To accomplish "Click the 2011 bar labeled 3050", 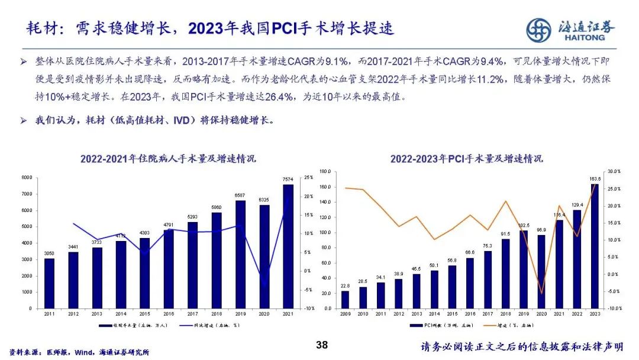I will click(49, 283).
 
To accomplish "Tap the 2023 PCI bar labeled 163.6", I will click(595, 246).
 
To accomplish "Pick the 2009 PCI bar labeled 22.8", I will click(346, 299).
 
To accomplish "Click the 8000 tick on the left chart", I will click(26, 178).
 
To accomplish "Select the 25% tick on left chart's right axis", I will click(309, 178).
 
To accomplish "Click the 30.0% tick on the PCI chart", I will click(614, 171).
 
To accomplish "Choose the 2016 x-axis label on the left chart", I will click(169, 314).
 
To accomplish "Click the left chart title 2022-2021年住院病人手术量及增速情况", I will click(168, 159).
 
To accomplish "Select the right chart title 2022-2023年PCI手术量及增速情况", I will click(466, 159).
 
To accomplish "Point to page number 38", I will click(322, 345).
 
